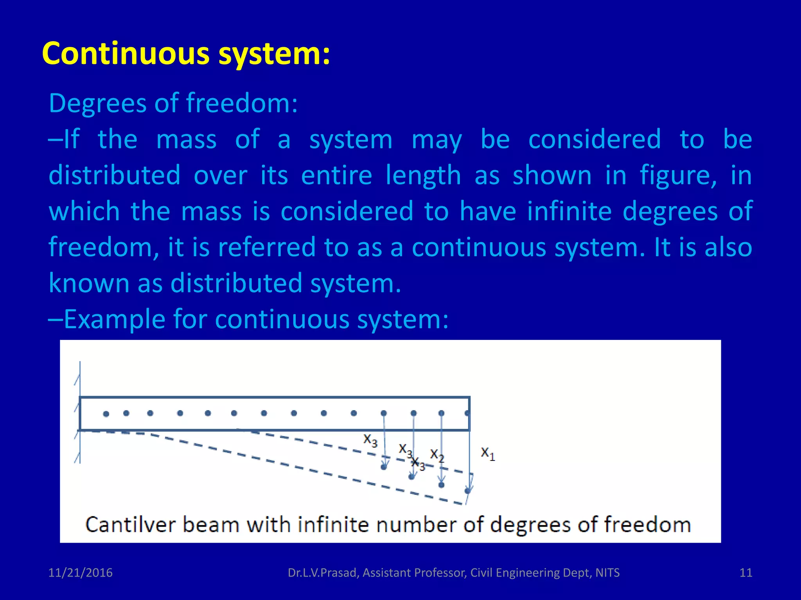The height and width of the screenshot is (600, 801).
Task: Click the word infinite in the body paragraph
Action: (569, 211)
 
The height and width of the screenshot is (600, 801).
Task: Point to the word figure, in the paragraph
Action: (678, 176)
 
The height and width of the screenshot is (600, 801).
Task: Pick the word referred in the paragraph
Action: (266, 247)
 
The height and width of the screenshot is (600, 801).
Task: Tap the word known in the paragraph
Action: (89, 283)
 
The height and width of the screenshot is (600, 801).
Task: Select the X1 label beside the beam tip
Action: (488, 454)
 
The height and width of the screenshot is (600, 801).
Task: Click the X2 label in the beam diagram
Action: (437, 455)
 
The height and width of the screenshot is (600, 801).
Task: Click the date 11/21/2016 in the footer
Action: (80, 573)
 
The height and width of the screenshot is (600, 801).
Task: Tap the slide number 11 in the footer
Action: (746, 573)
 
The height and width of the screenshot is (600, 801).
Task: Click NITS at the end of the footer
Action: (607, 573)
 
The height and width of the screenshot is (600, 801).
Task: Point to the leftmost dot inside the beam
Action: (106, 414)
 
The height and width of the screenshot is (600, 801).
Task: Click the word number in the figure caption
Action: (416, 525)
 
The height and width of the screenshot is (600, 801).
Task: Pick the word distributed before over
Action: (114, 175)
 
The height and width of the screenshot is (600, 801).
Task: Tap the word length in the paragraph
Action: (423, 176)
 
